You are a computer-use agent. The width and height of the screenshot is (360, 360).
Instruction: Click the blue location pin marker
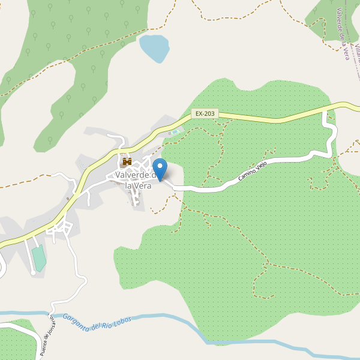(x=160, y=167)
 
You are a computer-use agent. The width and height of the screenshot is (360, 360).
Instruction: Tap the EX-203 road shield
(x=205, y=113)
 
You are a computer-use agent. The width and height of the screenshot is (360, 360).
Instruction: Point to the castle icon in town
(x=127, y=161)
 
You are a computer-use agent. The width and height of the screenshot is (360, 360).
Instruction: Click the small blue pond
(x=154, y=48)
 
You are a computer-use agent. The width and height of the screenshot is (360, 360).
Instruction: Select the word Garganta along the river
(x=76, y=325)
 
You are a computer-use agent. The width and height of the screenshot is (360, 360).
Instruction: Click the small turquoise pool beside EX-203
(x=175, y=132)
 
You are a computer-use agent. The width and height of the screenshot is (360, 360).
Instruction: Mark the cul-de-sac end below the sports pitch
(x=31, y=274)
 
